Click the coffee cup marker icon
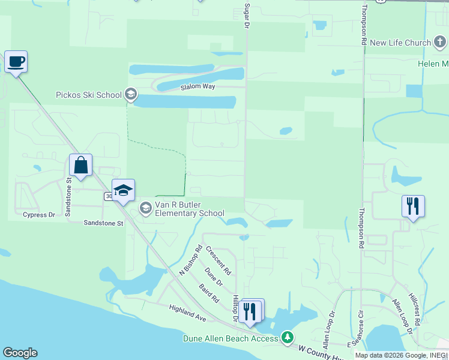click(x=16, y=61)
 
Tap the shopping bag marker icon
click(x=80, y=164)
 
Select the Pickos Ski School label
click(x=88, y=95)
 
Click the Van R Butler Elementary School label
click(x=190, y=209)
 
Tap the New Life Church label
click(x=400, y=43)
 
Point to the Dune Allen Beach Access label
click(x=231, y=338)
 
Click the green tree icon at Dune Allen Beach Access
click(x=288, y=338)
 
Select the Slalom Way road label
click(x=197, y=87)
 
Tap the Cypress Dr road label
click(x=38, y=214)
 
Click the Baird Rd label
click(x=209, y=293)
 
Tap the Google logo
click(x=20, y=353)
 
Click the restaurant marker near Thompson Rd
click(x=414, y=206)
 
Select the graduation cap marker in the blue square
click(x=123, y=190)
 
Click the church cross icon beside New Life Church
click(x=441, y=43)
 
